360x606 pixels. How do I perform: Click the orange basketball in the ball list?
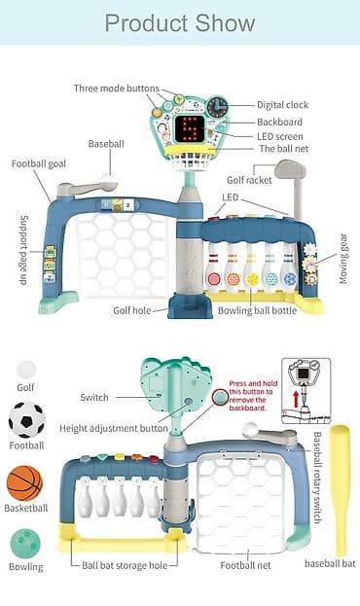pos(24,483)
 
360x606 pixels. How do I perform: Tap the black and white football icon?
pos(26,420)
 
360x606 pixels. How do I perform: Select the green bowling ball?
pos(25,544)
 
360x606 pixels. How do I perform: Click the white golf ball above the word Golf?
pos(26,370)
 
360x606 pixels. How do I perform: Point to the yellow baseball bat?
pos(341,490)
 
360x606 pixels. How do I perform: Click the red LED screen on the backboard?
pos(189,128)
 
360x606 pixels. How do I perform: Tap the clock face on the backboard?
pos(217,106)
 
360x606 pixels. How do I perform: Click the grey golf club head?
pos(290,169)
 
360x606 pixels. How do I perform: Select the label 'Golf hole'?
pos(132,310)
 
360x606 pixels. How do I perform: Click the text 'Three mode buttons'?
pos(117,89)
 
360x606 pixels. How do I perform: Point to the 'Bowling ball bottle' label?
pos(257,310)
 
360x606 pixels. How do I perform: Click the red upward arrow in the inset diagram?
pos(296,399)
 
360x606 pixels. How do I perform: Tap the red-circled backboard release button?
pos(221,397)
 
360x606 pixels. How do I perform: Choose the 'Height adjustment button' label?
pos(114,428)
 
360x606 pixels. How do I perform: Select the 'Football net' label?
pos(245,565)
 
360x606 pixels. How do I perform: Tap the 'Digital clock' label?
pos(283,105)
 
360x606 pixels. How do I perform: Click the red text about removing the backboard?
pos(253,395)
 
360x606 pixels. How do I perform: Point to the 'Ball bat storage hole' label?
pos(125,565)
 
